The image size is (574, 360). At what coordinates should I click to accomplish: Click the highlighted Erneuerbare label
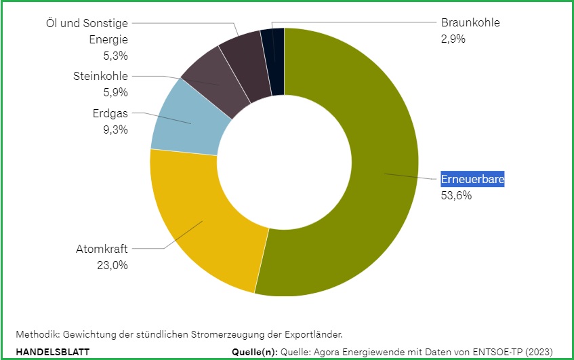coord(473,180)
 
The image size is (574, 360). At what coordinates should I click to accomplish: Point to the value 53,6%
coord(456,196)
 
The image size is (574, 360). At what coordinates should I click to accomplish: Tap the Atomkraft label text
coord(102,249)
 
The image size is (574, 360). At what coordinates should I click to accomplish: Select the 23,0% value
coord(112,265)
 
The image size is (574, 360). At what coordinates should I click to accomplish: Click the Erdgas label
coord(110,113)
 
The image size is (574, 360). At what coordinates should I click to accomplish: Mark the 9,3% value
coord(115,129)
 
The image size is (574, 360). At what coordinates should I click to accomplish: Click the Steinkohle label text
coord(100,76)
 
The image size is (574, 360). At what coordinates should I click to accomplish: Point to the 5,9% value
coord(115,92)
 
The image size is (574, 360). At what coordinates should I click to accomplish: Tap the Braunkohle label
coord(470,22)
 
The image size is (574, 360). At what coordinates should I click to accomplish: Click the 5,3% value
coord(115,55)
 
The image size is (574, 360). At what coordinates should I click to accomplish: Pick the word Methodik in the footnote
coord(36,334)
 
